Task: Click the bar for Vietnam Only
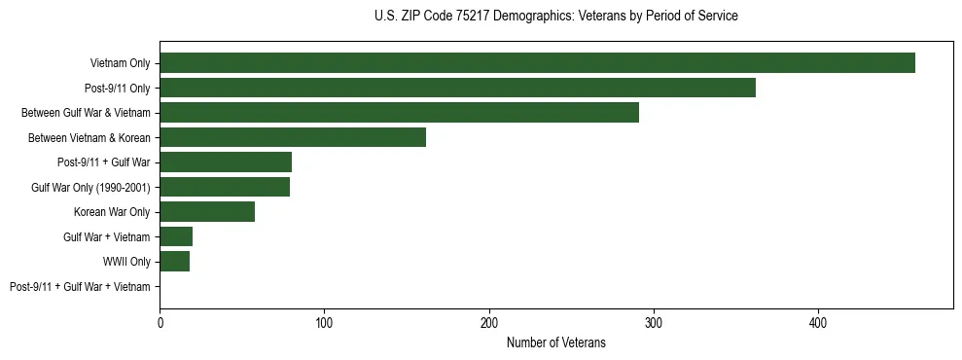point(537,63)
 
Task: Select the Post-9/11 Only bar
point(457,88)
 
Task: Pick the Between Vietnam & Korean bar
point(293,137)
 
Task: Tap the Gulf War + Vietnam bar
point(176,236)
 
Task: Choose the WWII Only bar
point(174,262)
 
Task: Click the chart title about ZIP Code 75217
point(555,17)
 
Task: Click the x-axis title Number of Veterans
point(555,342)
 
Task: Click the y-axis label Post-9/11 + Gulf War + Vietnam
point(80,287)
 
